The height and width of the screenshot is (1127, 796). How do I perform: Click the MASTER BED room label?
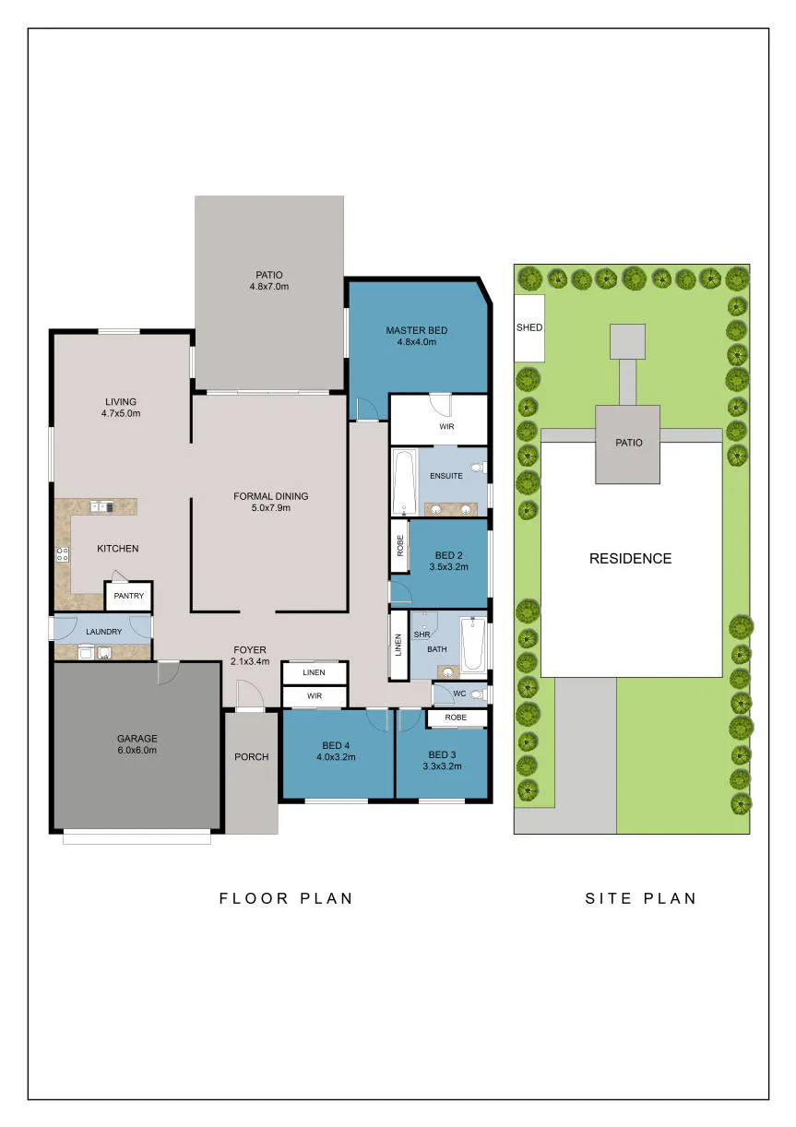coord(416,330)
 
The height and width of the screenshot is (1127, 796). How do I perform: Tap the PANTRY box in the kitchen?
coord(128,596)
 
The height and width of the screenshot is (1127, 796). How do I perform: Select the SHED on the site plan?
coord(529,328)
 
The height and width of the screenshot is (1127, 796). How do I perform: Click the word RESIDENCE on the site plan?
coord(630,559)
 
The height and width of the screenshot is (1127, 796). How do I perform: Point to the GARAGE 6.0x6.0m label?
coord(137,744)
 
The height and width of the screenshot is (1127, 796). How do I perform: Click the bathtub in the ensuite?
coord(405,482)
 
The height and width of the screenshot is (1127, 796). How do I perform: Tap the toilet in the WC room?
coord(475,694)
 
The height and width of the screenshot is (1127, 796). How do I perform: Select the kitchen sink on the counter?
coord(101,506)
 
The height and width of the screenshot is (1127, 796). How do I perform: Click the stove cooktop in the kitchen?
coord(63,554)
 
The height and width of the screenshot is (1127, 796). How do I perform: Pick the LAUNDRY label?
coord(103,632)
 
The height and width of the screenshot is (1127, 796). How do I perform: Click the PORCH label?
coord(251,756)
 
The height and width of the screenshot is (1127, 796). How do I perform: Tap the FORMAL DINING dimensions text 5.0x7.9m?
coord(270,507)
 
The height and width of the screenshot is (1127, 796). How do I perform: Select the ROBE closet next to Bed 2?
coord(400,545)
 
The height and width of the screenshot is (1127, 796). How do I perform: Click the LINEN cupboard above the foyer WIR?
coord(315,672)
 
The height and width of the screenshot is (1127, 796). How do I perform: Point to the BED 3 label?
coord(442,754)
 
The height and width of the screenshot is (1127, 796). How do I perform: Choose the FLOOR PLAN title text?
coord(286,898)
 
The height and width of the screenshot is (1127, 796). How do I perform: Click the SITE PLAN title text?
coord(640,898)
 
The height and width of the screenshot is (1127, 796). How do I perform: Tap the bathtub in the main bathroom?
coord(473,645)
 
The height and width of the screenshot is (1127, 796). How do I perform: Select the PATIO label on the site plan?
coord(628,443)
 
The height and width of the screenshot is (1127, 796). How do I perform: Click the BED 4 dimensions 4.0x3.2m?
coord(336,756)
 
